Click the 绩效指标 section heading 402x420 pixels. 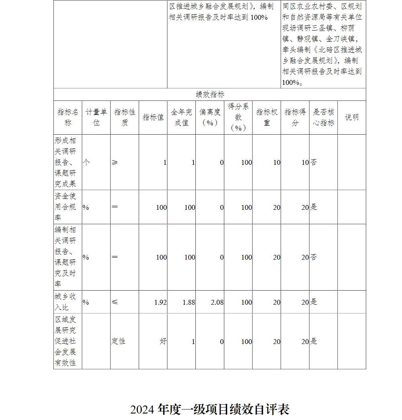[210, 94]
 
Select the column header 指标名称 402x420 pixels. [68, 117]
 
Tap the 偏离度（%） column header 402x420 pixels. [210, 117]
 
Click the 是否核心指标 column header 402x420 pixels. [323, 117]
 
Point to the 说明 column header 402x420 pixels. [352, 117]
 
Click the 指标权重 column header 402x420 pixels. [267, 117]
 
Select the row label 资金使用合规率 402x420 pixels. [66, 207]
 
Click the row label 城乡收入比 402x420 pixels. [66, 302]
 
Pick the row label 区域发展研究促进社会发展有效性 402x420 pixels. [66, 341]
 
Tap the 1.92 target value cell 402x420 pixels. [160, 302]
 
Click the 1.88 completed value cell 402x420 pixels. [189, 302]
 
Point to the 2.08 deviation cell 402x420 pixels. [217, 302]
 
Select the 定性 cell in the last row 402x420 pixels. [119, 341]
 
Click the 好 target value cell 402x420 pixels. [163, 341]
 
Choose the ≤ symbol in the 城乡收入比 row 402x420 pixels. [115, 302]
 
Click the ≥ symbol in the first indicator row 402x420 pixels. [115, 162]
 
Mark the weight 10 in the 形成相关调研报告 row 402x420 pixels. [277, 162]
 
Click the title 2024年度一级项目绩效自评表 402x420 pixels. [210, 410]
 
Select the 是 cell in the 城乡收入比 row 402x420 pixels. [314, 302]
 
